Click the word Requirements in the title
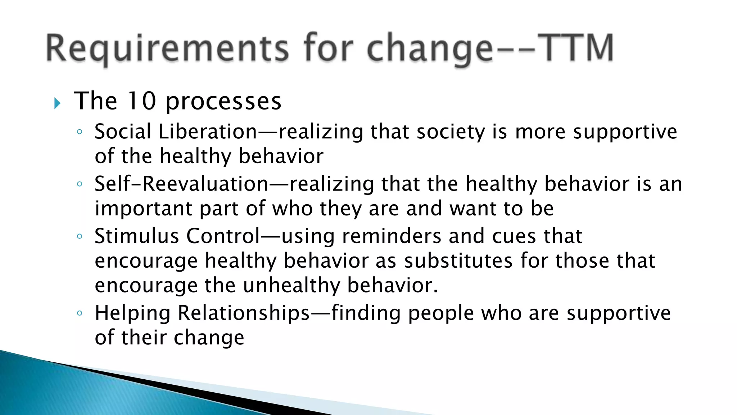click(167, 49)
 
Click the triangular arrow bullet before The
click(57, 103)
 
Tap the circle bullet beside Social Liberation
click(80, 132)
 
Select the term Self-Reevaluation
click(181, 184)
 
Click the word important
click(143, 209)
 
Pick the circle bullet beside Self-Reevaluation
click(80, 184)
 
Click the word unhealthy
click(291, 286)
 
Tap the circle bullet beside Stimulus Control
click(80, 236)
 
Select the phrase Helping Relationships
click(202, 313)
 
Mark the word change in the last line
click(209, 338)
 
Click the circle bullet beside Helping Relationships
click(80, 313)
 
